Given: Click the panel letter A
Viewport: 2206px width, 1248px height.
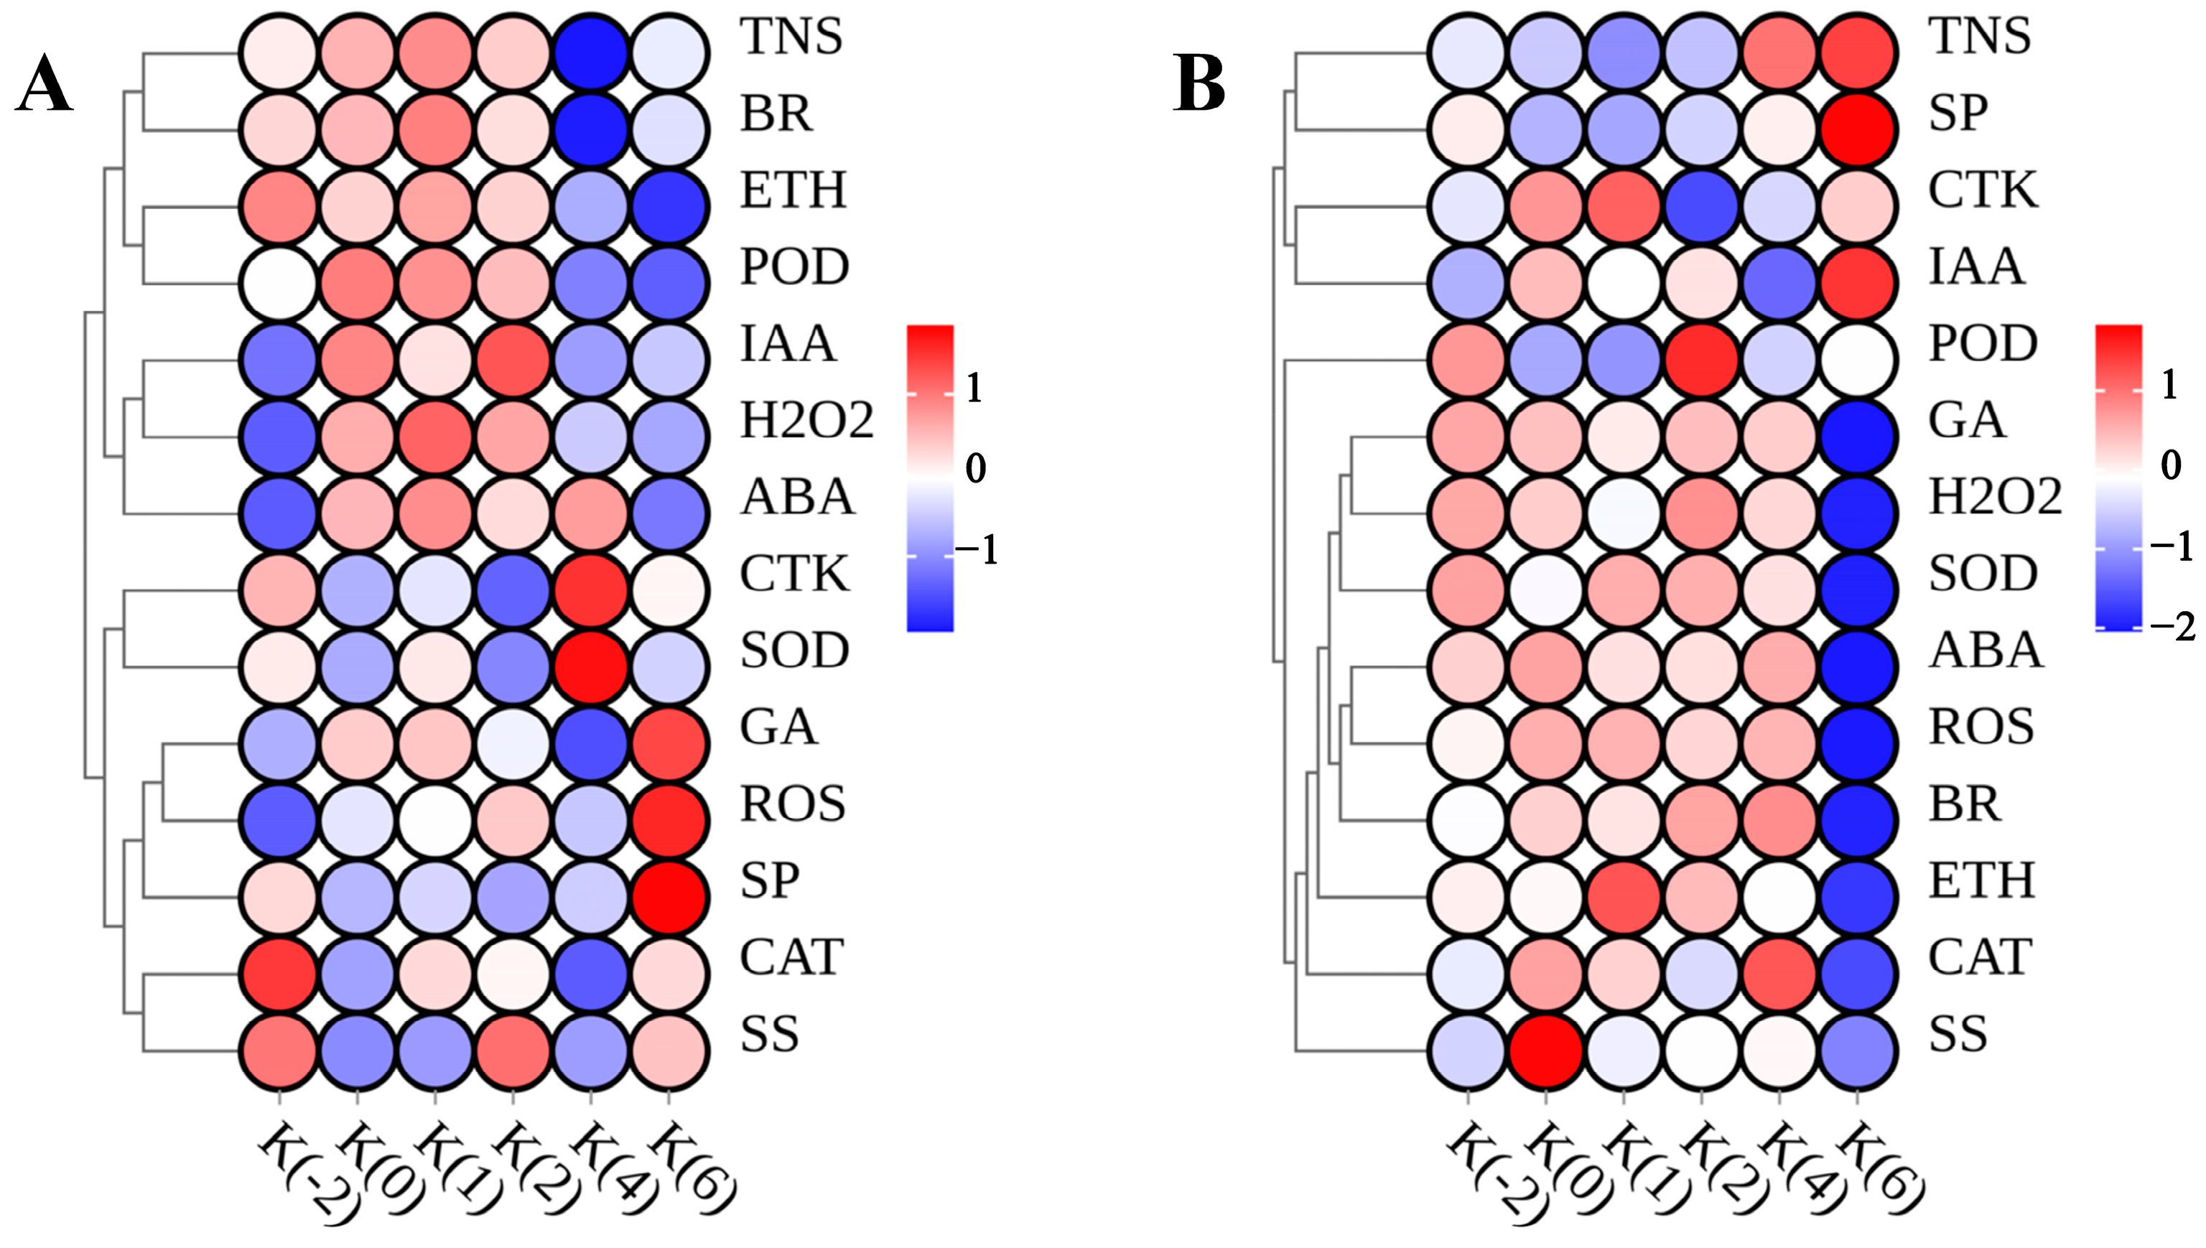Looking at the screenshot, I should tap(45, 88).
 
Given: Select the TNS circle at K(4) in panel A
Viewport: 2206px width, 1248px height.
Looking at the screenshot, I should tap(590, 53).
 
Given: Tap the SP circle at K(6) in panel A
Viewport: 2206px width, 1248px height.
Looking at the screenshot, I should tap(669, 898).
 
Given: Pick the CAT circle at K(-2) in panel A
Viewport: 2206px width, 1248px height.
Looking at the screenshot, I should tap(279, 974).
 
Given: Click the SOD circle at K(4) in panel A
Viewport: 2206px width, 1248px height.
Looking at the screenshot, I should tap(590, 667).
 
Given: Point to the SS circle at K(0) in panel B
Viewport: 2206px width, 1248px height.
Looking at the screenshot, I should tap(1547, 1051).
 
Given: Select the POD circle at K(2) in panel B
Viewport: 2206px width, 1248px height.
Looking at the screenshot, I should tap(1702, 360).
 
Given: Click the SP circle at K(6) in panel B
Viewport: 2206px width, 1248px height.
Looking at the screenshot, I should tap(1857, 129).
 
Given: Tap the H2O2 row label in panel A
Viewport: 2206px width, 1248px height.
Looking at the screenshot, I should tap(806, 421).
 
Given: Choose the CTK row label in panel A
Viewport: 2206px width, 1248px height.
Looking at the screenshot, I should tap(794, 574).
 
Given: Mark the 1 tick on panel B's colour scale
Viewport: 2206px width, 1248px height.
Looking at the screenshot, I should tap(2168, 386).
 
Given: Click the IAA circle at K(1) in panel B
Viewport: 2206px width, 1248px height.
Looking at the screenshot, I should tap(1624, 283).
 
